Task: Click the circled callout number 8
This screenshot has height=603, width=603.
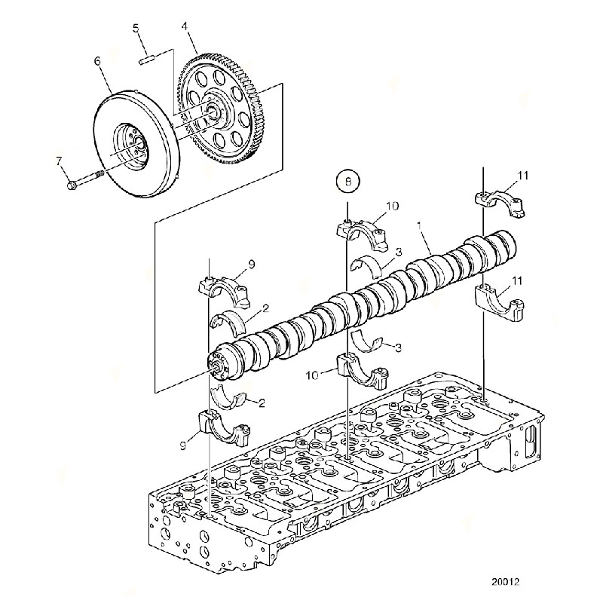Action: [348, 181]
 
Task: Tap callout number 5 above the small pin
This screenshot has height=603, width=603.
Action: [136, 28]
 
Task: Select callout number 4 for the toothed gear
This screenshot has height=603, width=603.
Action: [185, 26]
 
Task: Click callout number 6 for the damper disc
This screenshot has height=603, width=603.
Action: [97, 61]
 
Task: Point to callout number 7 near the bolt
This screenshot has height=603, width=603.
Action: [59, 161]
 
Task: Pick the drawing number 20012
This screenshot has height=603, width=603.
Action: [505, 581]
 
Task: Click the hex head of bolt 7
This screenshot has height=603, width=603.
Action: [72, 186]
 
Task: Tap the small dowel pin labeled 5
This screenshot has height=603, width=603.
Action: [146, 61]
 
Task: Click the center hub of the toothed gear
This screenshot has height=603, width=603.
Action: [212, 112]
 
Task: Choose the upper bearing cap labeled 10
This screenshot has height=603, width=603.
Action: [363, 233]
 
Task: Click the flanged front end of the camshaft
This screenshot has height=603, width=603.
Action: [222, 363]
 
